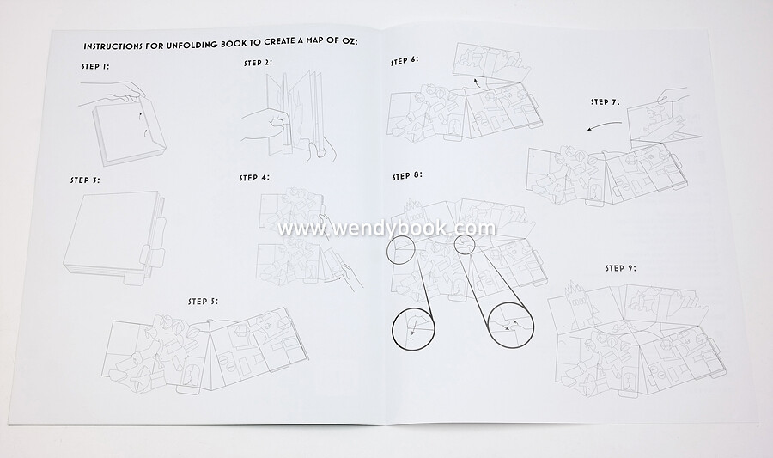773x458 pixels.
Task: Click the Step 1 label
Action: (x=95, y=66)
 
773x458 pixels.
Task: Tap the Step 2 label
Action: (x=258, y=63)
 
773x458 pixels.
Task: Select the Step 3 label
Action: (x=85, y=180)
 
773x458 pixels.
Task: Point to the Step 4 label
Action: (x=254, y=178)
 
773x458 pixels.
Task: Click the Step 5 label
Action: (x=203, y=302)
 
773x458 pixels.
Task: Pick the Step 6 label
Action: (x=405, y=61)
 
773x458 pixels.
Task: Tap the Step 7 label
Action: (x=606, y=101)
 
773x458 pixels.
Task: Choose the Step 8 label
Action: (x=407, y=175)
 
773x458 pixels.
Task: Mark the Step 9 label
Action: (x=621, y=268)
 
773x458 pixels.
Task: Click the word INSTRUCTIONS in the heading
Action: (x=113, y=46)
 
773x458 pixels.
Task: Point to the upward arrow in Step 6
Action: (x=478, y=82)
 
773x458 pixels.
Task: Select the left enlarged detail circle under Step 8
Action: (x=414, y=329)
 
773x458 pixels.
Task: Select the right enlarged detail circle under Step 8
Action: (x=510, y=326)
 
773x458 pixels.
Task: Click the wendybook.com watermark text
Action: (x=386, y=229)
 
